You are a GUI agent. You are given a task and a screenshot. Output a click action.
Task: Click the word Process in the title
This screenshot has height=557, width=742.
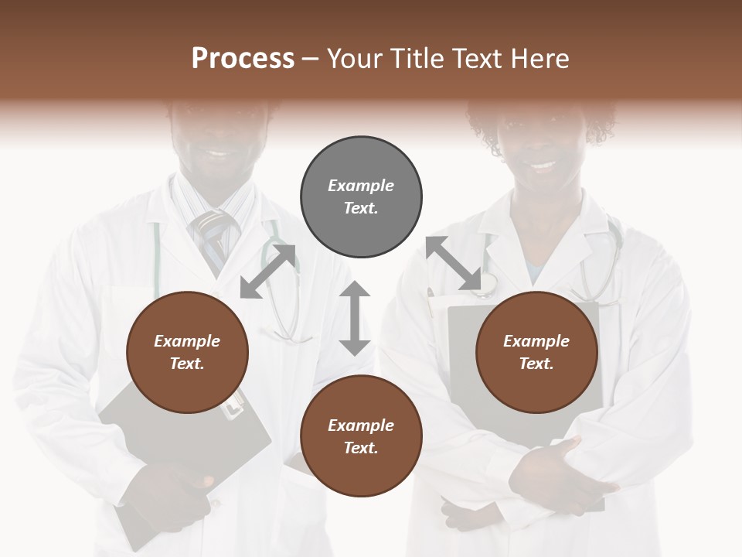click(x=243, y=59)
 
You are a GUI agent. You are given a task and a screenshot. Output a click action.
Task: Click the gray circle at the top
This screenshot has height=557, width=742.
click(x=361, y=197)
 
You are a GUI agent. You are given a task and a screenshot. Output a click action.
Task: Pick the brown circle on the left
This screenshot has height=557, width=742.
click(x=187, y=352)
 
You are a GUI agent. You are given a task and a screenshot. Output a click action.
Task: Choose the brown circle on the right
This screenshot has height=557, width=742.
click(x=536, y=352)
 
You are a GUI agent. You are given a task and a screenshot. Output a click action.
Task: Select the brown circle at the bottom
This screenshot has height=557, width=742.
click(x=361, y=436)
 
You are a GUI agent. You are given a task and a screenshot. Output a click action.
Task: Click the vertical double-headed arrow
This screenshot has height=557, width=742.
click(x=355, y=318)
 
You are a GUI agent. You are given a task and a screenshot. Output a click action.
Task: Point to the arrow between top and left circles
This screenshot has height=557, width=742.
click(x=267, y=271)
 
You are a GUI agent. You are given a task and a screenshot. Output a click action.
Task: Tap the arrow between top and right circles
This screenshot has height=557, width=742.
click(x=453, y=263)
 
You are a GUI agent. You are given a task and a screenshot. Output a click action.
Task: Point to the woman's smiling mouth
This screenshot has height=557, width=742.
click(x=543, y=165)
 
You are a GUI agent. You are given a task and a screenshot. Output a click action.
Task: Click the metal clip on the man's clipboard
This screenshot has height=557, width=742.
click(x=234, y=403)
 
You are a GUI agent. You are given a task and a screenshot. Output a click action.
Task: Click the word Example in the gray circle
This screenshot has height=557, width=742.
click(x=361, y=186)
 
